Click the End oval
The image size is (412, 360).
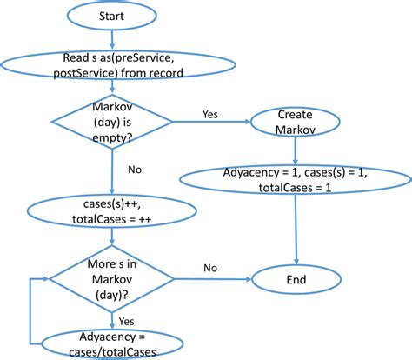[295, 280]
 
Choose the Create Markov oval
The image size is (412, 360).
[295, 123]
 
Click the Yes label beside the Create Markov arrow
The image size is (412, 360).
[210, 114]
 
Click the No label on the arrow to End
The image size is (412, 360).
[211, 267]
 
